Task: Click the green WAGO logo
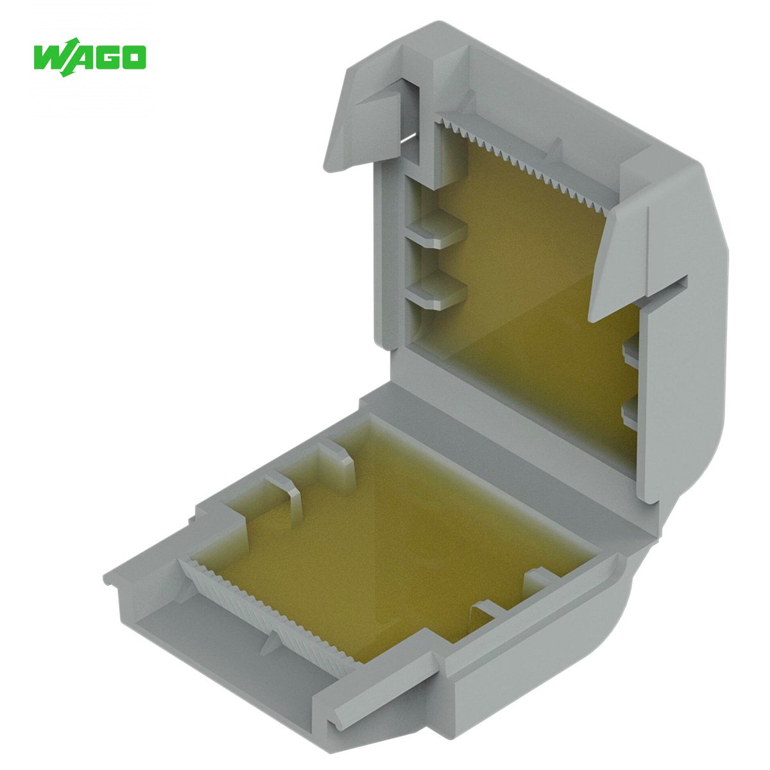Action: click(x=89, y=58)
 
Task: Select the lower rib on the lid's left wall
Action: click(x=438, y=289)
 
